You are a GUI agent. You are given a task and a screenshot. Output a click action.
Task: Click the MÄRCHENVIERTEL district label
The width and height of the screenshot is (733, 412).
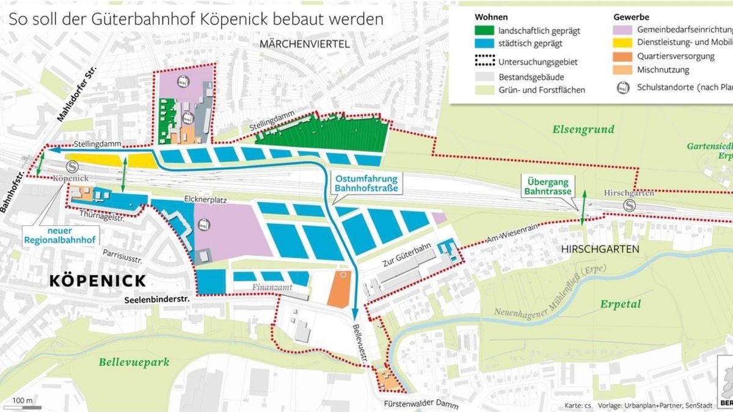[304, 44]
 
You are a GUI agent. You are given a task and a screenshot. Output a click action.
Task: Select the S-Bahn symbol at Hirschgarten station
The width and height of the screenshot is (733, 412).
[629, 206]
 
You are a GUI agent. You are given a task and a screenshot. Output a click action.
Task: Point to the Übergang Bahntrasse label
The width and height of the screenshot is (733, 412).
[548, 186]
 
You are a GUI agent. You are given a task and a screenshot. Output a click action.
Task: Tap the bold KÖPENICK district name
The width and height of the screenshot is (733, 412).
[97, 281]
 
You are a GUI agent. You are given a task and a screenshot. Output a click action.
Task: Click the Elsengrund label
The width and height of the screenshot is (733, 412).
[583, 129]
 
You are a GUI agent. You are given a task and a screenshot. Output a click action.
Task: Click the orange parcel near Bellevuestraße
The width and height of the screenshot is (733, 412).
[339, 290]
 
